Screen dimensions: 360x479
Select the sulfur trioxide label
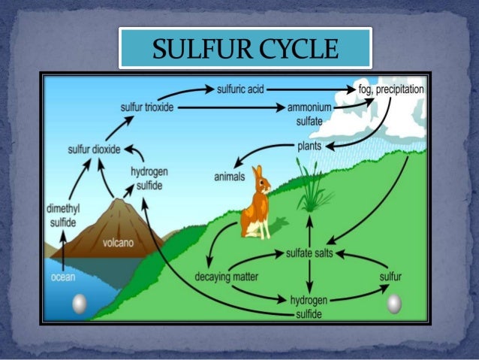(147, 107)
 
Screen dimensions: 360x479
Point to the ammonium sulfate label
(309, 113)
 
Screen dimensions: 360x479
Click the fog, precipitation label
(391, 89)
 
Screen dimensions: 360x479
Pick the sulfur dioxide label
(93, 149)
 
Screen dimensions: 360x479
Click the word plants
(310, 145)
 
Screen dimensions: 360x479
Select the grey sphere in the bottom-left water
(79, 303)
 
